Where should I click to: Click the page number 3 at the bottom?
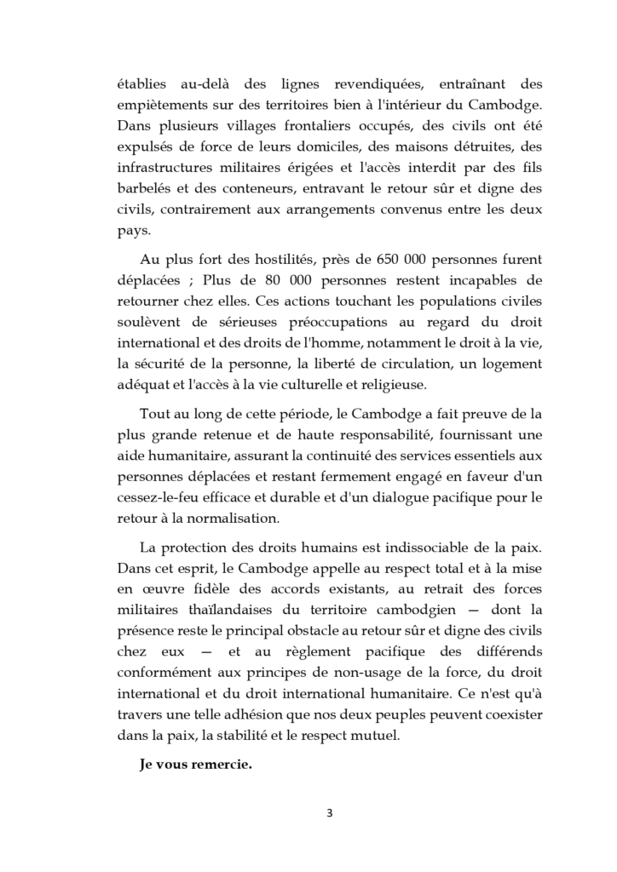(x=330, y=812)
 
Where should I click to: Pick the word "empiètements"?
(x=161, y=106)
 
